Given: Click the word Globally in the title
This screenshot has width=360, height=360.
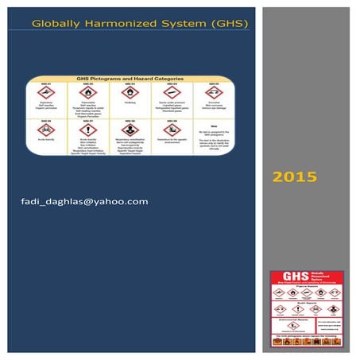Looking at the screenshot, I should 53,25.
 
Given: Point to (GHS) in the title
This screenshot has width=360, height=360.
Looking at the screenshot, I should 226,25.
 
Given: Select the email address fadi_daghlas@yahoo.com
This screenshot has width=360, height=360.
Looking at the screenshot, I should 85,201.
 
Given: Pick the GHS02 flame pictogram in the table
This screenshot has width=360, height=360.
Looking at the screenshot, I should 88,93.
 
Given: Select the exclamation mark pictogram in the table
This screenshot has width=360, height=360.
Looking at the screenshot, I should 88,129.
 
